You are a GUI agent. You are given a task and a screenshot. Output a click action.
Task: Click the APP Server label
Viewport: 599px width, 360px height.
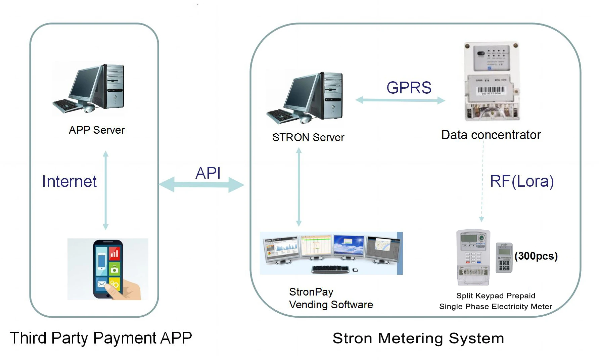97,130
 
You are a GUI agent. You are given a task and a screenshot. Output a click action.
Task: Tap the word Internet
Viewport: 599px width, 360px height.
69,181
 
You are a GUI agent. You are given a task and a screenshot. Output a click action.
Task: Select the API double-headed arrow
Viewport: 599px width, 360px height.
201,185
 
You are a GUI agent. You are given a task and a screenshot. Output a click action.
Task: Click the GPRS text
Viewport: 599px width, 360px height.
409,88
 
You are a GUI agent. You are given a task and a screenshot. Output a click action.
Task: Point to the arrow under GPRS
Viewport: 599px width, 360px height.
400,100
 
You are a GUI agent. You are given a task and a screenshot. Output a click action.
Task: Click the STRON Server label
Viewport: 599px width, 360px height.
308,137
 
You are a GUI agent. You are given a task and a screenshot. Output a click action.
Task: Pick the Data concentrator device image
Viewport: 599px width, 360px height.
492,81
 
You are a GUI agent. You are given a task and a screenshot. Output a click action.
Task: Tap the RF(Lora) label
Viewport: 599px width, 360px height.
521,181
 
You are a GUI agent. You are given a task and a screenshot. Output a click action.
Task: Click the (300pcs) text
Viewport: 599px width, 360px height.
536,256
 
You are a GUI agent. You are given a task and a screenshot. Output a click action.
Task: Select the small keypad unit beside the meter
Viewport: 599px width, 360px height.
504,258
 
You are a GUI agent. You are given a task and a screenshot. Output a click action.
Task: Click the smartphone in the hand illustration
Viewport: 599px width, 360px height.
107,269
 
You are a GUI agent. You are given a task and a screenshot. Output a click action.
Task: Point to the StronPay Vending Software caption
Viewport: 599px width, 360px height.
331,298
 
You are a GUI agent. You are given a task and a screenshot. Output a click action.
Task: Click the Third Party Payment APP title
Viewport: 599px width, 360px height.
101,338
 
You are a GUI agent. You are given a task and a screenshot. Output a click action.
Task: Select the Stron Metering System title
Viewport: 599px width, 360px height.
418,338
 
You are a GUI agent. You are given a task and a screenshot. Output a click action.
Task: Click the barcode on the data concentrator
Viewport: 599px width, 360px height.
491,90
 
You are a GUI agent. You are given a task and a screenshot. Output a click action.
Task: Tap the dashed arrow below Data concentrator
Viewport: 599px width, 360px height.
482,181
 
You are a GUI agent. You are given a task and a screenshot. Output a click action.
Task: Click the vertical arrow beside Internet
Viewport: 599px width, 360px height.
105,190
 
